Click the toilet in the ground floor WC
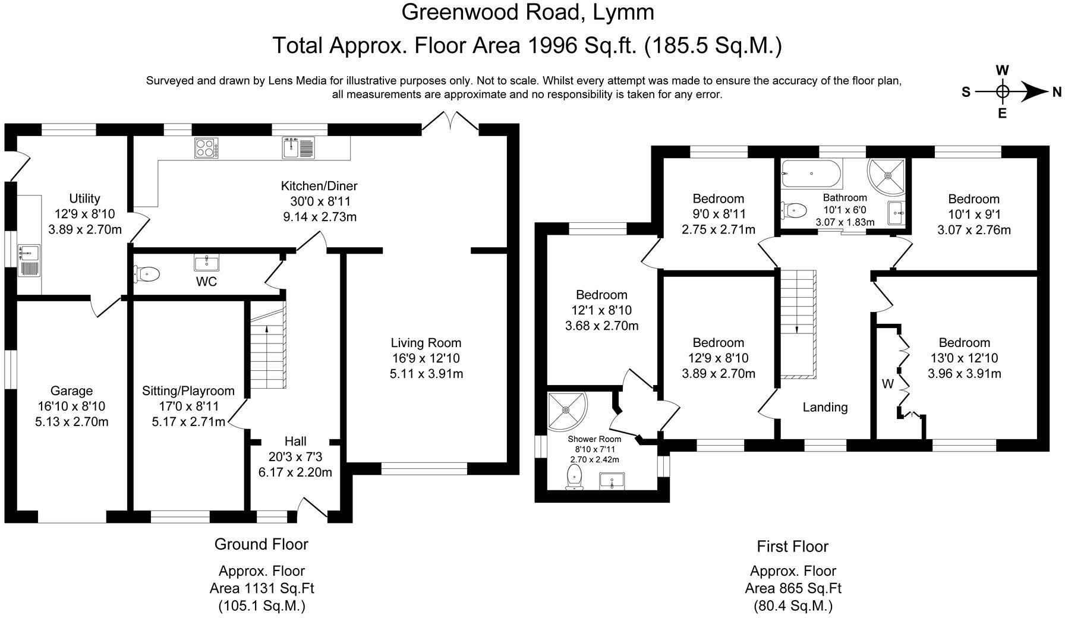(147, 274)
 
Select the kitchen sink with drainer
(299, 148)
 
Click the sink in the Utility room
(29, 261)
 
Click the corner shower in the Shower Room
(568, 411)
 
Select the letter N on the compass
(1056, 92)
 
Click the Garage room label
(71, 390)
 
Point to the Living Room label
(426, 343)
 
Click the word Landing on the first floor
(825, 407)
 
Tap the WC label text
(206, 282)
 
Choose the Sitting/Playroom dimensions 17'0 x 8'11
(188, 406)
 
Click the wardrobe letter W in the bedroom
(887, 384)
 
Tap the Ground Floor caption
(261, 544)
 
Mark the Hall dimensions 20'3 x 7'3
(295, 456)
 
